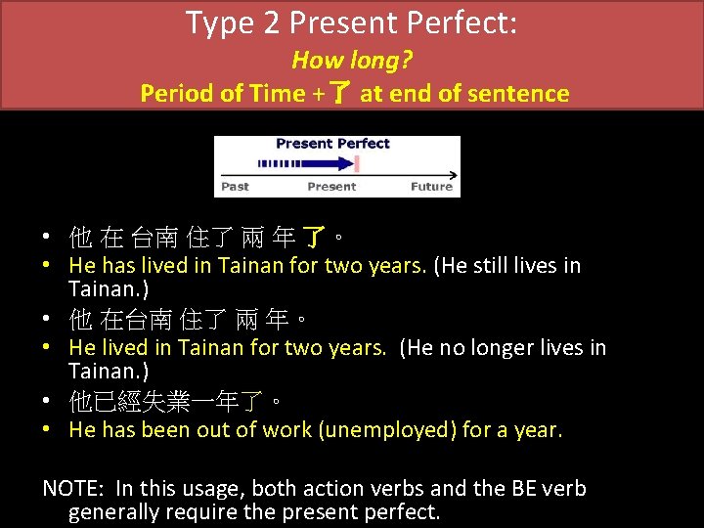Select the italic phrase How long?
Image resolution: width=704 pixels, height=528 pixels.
(352, 61)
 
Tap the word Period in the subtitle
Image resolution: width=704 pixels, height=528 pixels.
(171, 94)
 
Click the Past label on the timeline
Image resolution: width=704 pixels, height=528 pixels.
(236, 187)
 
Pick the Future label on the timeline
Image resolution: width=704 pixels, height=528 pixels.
(431, 187)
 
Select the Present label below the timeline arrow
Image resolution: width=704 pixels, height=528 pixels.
(331, 187)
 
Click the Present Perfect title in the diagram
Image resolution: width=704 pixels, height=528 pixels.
(332, 144)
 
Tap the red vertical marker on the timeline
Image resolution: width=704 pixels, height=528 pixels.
(358, 164)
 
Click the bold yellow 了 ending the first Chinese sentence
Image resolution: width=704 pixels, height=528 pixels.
(314, 238)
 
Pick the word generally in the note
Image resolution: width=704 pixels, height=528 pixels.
(113, 511)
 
